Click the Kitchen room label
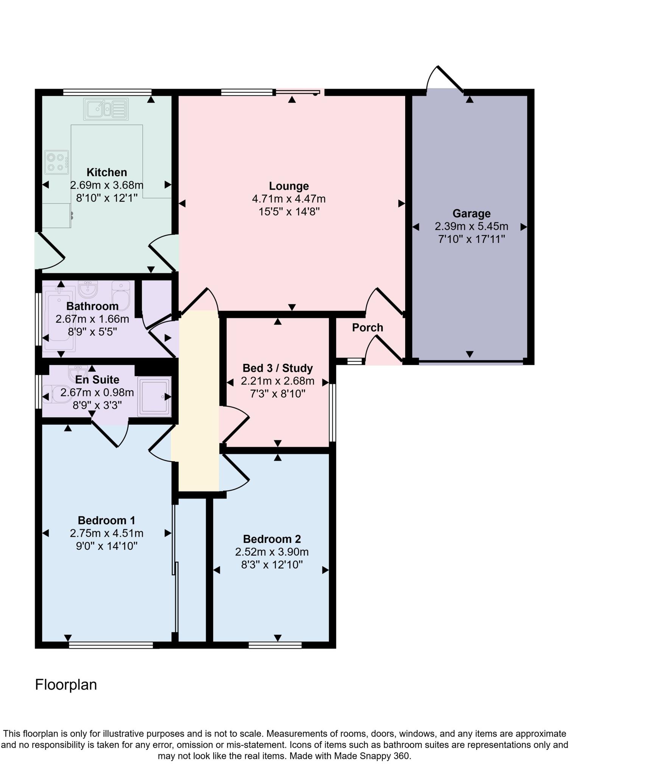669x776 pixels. click(x=106, y=172)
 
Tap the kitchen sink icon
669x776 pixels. click(x=106, y=109)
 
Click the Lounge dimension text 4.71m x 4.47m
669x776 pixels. click(x=288, y=199)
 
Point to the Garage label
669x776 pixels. click(x=471, y=214)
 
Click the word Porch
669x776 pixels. click(x=367, y=328)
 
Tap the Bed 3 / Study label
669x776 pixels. click(x=278, y=368)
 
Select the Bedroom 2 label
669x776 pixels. click(x=272, y=539)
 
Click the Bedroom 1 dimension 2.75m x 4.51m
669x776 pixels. click(x=106, y=533)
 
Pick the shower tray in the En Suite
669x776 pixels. click(x=154, y=397)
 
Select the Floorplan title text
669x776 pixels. click(x=66, y=685)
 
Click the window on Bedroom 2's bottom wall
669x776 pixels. click(x=275, y=645)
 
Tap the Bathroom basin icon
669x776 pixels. click(x=88, y=289)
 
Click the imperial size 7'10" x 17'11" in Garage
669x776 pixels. click(x=471, y=239)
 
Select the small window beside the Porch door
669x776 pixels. click(x=354, y=361)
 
